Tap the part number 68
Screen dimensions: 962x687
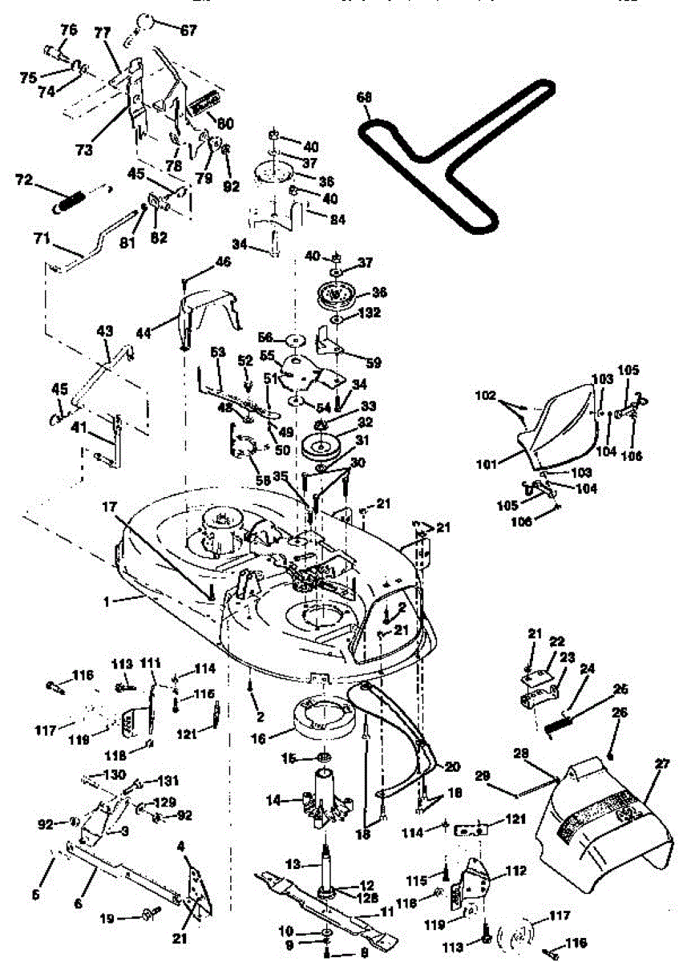[x=364, y=98]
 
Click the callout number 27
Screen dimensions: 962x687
[x=661, y=764]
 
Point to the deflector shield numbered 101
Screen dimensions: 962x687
[x=561, y=425]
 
